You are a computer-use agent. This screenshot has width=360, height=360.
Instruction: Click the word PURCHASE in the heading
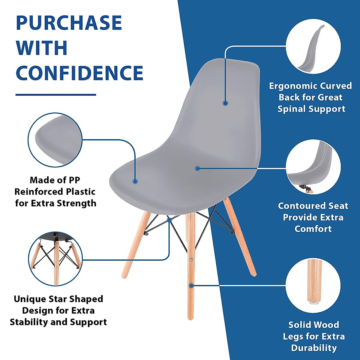click(69, 22)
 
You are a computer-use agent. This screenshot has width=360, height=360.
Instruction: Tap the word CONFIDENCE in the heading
click(79, 73)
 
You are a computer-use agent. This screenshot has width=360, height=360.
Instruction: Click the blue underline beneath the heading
click(56, 95)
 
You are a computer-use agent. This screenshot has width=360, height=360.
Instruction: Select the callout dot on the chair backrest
click(225, 103)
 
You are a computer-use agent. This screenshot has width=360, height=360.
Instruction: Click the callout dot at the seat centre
click(197, 169)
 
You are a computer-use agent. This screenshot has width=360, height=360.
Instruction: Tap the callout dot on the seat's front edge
click(135, 181)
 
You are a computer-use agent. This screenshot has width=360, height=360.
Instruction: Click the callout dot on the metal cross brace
click(169, 220)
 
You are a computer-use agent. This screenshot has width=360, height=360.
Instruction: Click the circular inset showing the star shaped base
click(55, 259)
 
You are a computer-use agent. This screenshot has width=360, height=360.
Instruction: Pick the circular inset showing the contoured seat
click(313, 167)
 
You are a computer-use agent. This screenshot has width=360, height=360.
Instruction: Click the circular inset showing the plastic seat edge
click(55, 140)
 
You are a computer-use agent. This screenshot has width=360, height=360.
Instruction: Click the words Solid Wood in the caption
click(313, 325)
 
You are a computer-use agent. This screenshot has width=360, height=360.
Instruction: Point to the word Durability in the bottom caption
click(313, 348)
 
